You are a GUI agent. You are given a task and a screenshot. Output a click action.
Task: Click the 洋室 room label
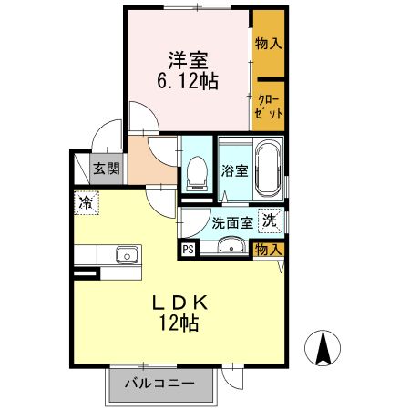[x=188, y=61]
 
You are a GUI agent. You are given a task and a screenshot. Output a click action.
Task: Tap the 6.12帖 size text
[x=188, y=80]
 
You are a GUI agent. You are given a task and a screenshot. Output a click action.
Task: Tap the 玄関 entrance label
[x=106, y=169]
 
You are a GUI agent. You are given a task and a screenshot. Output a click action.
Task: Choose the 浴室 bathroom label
[x=233, y=170]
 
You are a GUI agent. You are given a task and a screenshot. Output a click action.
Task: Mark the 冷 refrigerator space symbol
[x=85, y=202]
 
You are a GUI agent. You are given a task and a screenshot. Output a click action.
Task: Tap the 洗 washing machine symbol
[x=270, y=220]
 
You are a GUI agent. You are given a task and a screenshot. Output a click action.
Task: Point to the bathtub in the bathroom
[x=268, y=169]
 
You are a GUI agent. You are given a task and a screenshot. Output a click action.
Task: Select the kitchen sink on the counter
[x=125, y=255]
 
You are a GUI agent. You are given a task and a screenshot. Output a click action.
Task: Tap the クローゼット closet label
[x=269, y=103]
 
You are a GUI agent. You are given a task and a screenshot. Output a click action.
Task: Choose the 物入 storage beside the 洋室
[x=268, y=44]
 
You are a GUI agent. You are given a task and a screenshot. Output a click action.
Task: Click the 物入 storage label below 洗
[x=267, y=249]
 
